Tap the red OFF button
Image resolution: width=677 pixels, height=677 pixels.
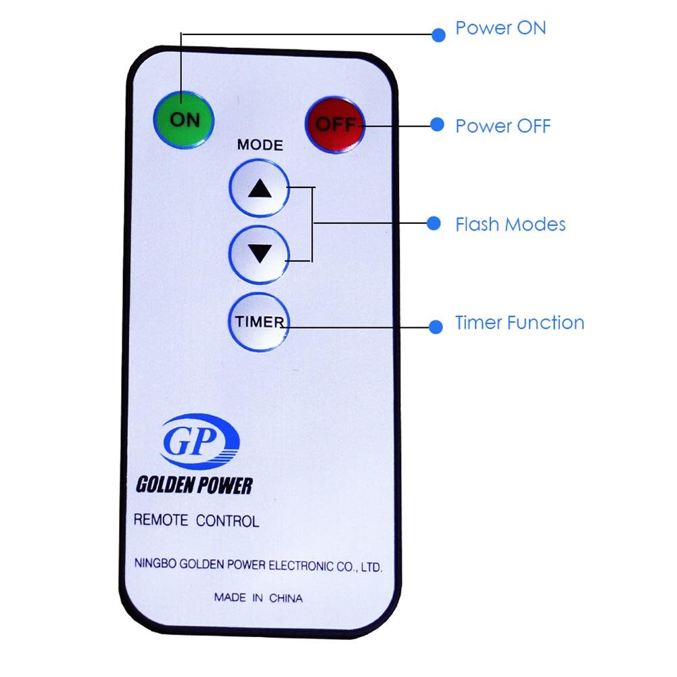pos(335,125)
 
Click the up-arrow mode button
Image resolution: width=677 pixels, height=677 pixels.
pos(259,190)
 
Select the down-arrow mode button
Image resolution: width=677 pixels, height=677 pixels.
pos(259,254)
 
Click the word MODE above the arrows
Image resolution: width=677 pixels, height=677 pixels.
pos(260,145)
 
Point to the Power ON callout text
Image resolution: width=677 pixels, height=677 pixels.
pos(500,28)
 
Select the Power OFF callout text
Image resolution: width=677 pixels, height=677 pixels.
pos(503,126)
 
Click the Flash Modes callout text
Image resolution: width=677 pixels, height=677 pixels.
pos(511,225)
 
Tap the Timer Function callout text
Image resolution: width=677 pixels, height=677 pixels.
pos(519,323)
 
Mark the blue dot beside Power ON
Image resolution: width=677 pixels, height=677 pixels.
pos(438,34)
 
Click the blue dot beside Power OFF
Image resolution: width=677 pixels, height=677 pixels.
pos(438,124)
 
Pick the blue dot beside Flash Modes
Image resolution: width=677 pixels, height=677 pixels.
pos(434,223)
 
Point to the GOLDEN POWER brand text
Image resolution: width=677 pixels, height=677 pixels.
pos(194,485)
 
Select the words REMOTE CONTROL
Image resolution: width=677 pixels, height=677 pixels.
pos(196,521)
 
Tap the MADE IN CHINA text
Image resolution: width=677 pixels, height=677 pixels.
pos(258,598)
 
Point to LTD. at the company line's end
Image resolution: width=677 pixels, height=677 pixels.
pos(371,568)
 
